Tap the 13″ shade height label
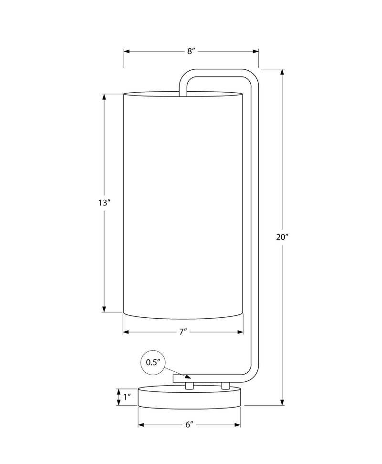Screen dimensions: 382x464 [105, 203]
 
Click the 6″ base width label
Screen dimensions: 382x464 [189, 425]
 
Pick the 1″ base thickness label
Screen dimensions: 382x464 [127, 397]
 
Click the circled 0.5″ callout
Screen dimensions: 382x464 [153, 363]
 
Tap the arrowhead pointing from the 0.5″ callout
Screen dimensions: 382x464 [188, 376]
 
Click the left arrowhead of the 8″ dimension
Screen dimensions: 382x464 [127, 52]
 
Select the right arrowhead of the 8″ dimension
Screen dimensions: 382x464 [256, 52]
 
